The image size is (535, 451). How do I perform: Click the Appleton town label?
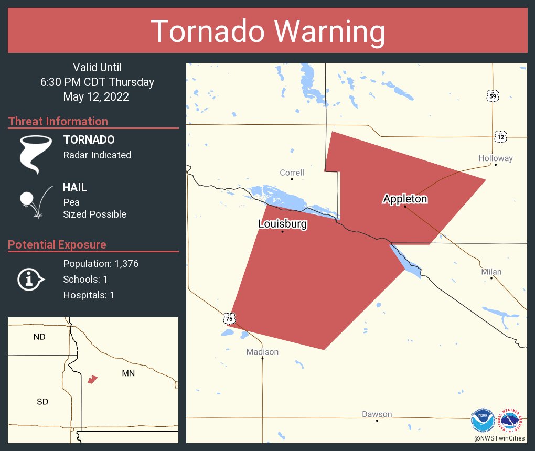(405, 199)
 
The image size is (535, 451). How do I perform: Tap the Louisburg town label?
(283, 224)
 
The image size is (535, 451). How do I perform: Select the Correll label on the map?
(292, 173)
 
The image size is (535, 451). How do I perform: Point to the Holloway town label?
(495, 158)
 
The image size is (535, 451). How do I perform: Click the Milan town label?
(491, 272)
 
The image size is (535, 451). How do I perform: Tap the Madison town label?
(262, 352)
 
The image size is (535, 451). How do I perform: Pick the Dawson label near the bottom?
(377, 414)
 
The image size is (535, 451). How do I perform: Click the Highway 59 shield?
(493, 96)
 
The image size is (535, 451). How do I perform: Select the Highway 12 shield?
(501, 137)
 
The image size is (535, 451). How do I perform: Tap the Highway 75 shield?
(229, 318)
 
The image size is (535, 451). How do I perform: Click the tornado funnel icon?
(36, 154)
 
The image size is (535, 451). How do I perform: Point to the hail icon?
(35, 201)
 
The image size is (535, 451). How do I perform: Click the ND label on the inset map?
(39, 337)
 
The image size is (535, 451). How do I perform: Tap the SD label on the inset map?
(42, 402)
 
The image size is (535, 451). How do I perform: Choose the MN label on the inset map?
(128, 373)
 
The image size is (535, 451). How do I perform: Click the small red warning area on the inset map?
(93, 379)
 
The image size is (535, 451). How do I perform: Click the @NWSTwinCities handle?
(499, 438)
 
